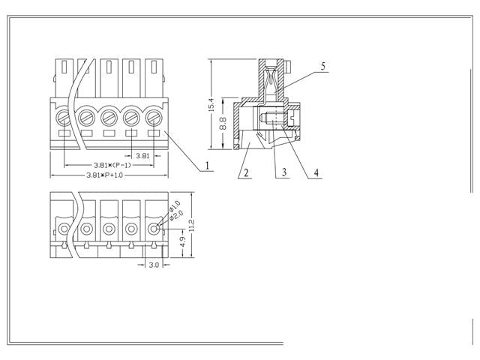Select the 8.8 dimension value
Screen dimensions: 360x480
223,123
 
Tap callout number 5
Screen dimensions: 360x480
322,67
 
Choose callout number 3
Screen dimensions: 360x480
284,173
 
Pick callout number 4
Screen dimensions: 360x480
316,173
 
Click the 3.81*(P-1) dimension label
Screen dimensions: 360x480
110,165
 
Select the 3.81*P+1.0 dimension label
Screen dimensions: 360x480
109,175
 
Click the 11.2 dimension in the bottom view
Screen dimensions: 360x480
192,224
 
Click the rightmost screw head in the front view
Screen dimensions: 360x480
154,117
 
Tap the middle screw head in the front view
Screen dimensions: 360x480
109,117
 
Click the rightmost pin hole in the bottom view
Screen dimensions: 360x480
154,228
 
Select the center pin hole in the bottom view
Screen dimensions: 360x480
109,228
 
